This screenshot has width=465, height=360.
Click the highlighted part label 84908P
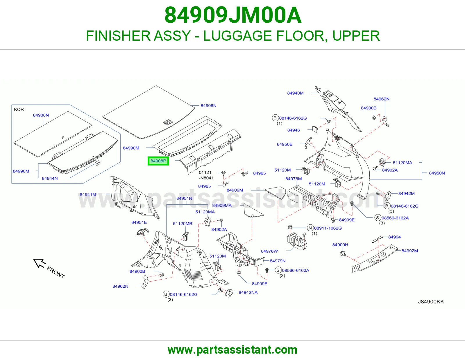coord(158,161)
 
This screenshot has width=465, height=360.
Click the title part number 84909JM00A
coord(233,15)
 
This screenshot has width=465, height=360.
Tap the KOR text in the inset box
coord(19,109)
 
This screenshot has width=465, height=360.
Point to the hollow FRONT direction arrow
coord(39,263)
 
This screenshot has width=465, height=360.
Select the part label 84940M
coord(295,93)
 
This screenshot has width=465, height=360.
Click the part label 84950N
coord(437,173)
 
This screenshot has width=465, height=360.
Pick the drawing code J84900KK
coord(431,302)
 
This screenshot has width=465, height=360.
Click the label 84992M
coord(409,251)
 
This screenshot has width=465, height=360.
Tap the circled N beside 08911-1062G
coord(310,228)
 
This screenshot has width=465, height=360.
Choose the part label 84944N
coord(50,178)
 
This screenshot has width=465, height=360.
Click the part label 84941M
coord(88,195)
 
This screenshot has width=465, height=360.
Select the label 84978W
coord(269,251)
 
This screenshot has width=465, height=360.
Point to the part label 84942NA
coord(248,292)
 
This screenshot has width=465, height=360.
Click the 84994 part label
coord(394,237)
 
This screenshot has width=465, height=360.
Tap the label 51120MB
coord(183,224)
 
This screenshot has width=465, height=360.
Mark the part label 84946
coord(293,130)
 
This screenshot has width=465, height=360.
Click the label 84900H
coord(340,245)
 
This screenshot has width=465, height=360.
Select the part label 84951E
coord(139,222)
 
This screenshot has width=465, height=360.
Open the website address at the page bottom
coord(233,350)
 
